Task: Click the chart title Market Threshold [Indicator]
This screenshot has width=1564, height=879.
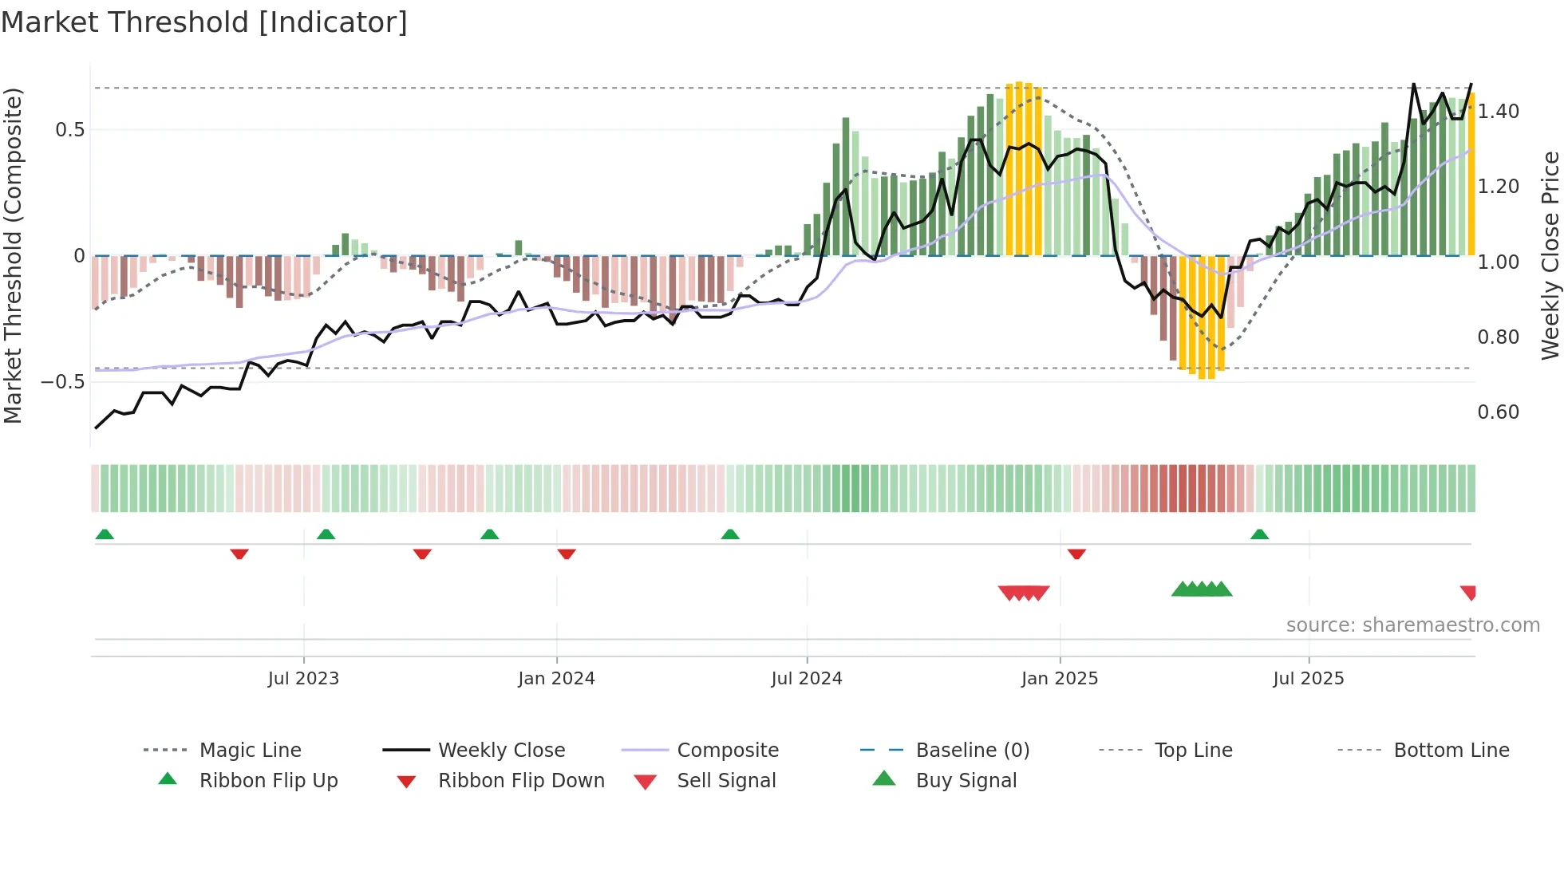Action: pyautogui.click(x=204, y=22)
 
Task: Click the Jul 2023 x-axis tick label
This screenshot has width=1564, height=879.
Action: pyautogui.click(x=303, y=679)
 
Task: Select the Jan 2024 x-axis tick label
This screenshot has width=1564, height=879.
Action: pyautogui.click(x=556, y=679)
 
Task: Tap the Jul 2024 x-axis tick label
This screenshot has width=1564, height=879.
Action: pyautogui.click(x=807, y=679)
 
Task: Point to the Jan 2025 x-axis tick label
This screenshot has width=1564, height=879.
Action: pyautogui.click(x=1060, y=679)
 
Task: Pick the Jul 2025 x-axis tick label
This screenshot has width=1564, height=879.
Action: pyautogui.click(x=1309, y=679)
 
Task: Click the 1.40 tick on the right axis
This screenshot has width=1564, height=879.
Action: pyautogui.click(x=1498, y=112)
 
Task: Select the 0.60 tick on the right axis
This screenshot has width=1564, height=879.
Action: pyautogui.click(x=1498, y=412)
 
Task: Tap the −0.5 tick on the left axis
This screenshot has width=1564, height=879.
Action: pyautogui.click(x=63, y=382)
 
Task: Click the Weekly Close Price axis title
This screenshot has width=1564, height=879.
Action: pyautogui.click(x=1550, y=255)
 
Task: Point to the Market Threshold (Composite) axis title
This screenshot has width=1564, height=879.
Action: pyautogui.click(x=13, y=255)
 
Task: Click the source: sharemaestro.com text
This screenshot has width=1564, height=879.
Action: pyautogui.click(x=1412, y=625)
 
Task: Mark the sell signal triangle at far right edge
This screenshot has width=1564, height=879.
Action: pyautogui.click(x=1468, y=592)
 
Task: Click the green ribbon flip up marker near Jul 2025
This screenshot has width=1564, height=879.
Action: pyautogui.click(x=1259, y=534)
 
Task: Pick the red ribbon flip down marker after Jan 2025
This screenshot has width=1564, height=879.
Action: pyautogui.click(x=1076, y=554)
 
